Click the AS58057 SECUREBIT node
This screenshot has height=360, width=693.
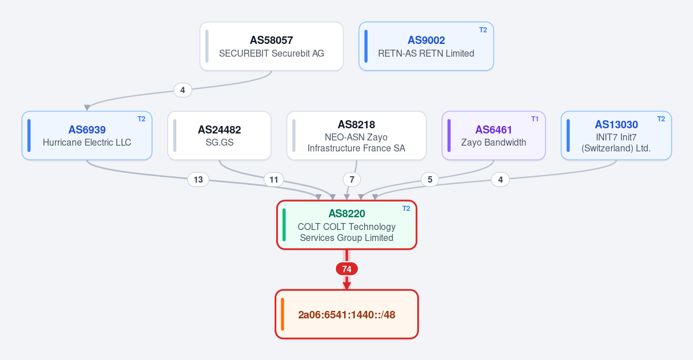(x=272, y=46)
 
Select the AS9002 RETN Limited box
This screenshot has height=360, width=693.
(x=426, y=46)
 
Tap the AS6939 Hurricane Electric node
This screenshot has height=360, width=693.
(x=87, y=136)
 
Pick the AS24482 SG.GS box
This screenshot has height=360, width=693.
(x=219, y=136)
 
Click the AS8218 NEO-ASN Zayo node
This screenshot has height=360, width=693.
(x=356, y=136)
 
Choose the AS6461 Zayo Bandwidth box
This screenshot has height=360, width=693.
(x=494, y=136)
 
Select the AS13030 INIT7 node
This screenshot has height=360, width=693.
(x=616, y=136)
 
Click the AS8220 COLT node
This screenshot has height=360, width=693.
(x=347, y=225)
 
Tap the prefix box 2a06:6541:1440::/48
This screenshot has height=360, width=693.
(x=347, y=314)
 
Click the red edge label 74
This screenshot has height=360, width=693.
(x=347, y=269)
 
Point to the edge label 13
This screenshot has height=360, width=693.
(x=198, y=180)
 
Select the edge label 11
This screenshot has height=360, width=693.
(x=273, y=180)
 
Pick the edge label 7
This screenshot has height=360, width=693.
(x=352, y=180)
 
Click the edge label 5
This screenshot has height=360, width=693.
(x=429, y=180)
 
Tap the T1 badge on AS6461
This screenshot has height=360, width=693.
(x=535, y=119)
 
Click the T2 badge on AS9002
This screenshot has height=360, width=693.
(x=483, y=30)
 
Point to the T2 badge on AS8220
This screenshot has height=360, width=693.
(x=406, y=209)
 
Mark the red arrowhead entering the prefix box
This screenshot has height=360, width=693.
(x=347, y=286)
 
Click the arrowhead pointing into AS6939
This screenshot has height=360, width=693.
(x=87, y=108)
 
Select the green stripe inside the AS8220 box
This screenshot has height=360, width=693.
(x=284, y=225)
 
